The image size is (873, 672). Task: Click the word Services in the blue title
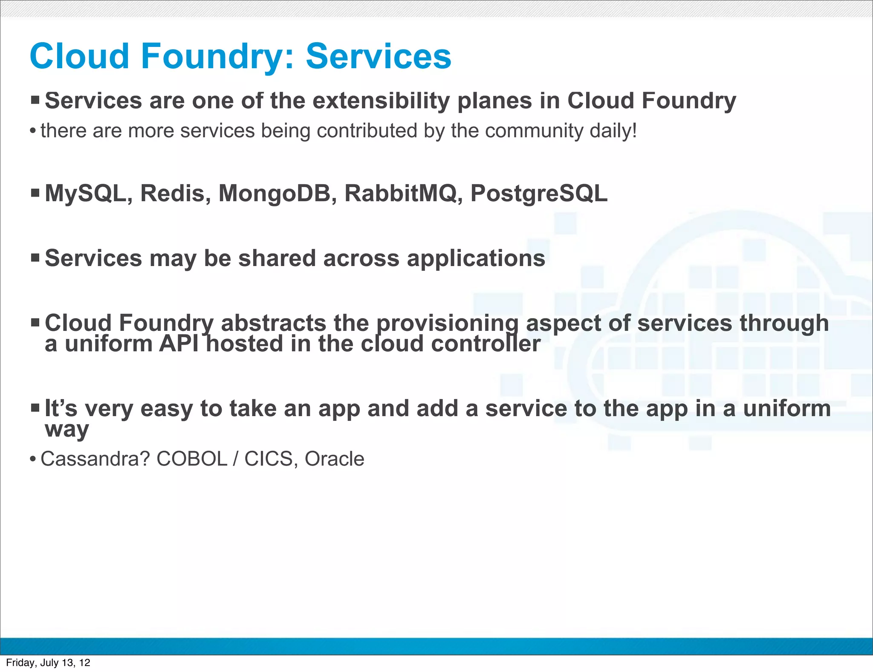click(378, 56)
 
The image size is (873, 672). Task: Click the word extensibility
click(381, 101)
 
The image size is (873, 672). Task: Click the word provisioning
click(447, 323)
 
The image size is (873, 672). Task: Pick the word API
click(179, 344)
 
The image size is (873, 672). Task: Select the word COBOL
click(192, 459)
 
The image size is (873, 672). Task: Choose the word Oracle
click(334, 459)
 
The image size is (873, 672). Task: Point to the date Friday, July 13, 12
click(48, 663)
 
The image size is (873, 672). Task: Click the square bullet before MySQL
click(35, 193)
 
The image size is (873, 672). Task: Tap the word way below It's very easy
click(67, 430)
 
